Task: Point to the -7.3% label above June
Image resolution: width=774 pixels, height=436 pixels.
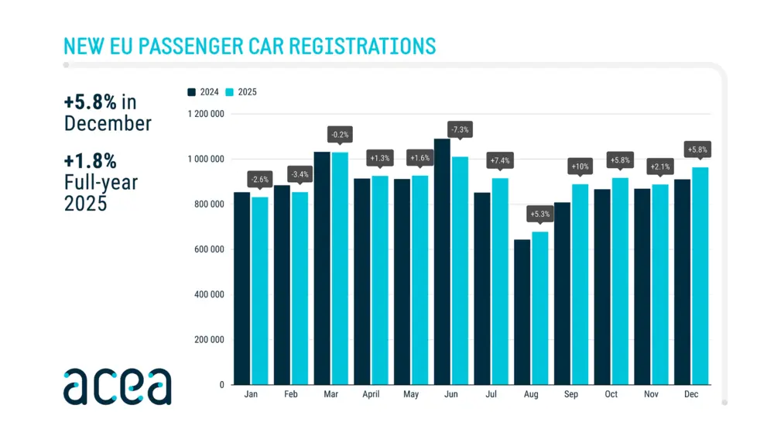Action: pos(460,129)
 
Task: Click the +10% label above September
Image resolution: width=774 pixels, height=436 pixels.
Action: pos(580,167)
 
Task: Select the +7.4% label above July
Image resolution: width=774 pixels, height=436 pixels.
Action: pos(500,161)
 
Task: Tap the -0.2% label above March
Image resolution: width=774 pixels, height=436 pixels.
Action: pos(339,134)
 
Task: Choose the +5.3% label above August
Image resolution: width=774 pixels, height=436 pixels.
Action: pos(539,213)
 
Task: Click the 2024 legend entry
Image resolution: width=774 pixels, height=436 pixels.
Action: pos(204,92)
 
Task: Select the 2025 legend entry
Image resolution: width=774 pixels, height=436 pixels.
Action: pos(241,92)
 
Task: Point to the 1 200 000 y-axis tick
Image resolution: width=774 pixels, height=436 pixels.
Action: pos(206,114)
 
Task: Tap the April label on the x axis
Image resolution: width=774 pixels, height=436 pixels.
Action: pos(371,394)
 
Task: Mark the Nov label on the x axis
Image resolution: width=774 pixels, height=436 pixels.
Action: pos(651,394)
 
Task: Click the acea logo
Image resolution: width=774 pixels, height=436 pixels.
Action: pos(117,386)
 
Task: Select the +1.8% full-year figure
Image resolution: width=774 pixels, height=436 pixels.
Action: pos(91,161)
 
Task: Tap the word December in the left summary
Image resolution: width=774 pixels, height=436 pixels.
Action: pos(108,123)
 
